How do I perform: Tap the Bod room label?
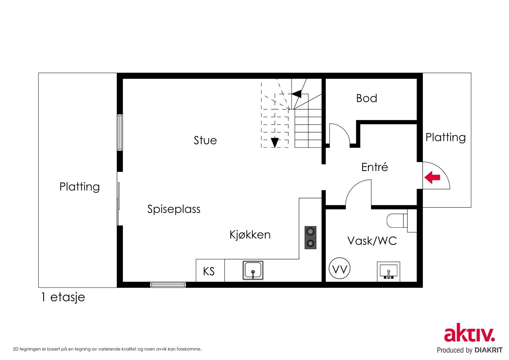pyautogui.click(x=366, y=98)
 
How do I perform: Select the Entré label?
pyautogui.click(x=374, y=167)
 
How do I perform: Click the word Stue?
pyautogui.click(x=205, y=140)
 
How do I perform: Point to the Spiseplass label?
pyautogui.click(x=174, y=209)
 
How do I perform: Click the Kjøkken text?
pyautogui.click(x=250, y=235)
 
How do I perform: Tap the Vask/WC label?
pyautogui.click(x=372, y=241)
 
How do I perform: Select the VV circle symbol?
pyautogui.click(x=339, y=269)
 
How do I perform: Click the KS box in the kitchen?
pyautogui.click(x=209, y=272)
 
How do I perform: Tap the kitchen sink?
pyautogui.click(x=253, y=271)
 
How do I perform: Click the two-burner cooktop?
pyautogui.click(x=310, y=237)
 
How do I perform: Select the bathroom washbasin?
pyautogui.click(x=388, y=272)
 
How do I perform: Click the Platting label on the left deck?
pyautogui.click(x=80, y=187)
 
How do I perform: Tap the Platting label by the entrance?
pyautogui.click(x=445, y=138)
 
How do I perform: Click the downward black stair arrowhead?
pyautogui.click(x=275, y=142)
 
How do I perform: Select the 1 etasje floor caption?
pyautogui.click(x=63, y=297)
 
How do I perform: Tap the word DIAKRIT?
pyautogui.click(x=488, y=350)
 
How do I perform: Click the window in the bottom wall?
pyautogui.click(x=168, y=284)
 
